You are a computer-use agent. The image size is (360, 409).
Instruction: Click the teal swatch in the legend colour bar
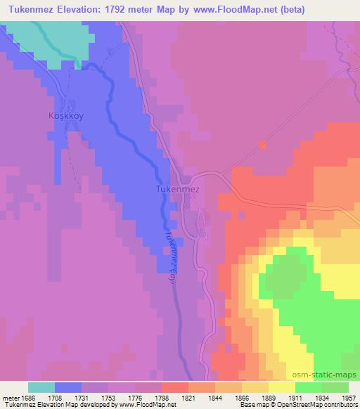click(x=41, y=387)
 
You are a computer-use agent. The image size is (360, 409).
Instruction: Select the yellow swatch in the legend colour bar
click(x=281, y=387)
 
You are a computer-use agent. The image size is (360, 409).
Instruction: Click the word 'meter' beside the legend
click(x=11, y=398)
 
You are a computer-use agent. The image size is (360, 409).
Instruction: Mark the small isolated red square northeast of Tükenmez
click(x=263, y=145)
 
